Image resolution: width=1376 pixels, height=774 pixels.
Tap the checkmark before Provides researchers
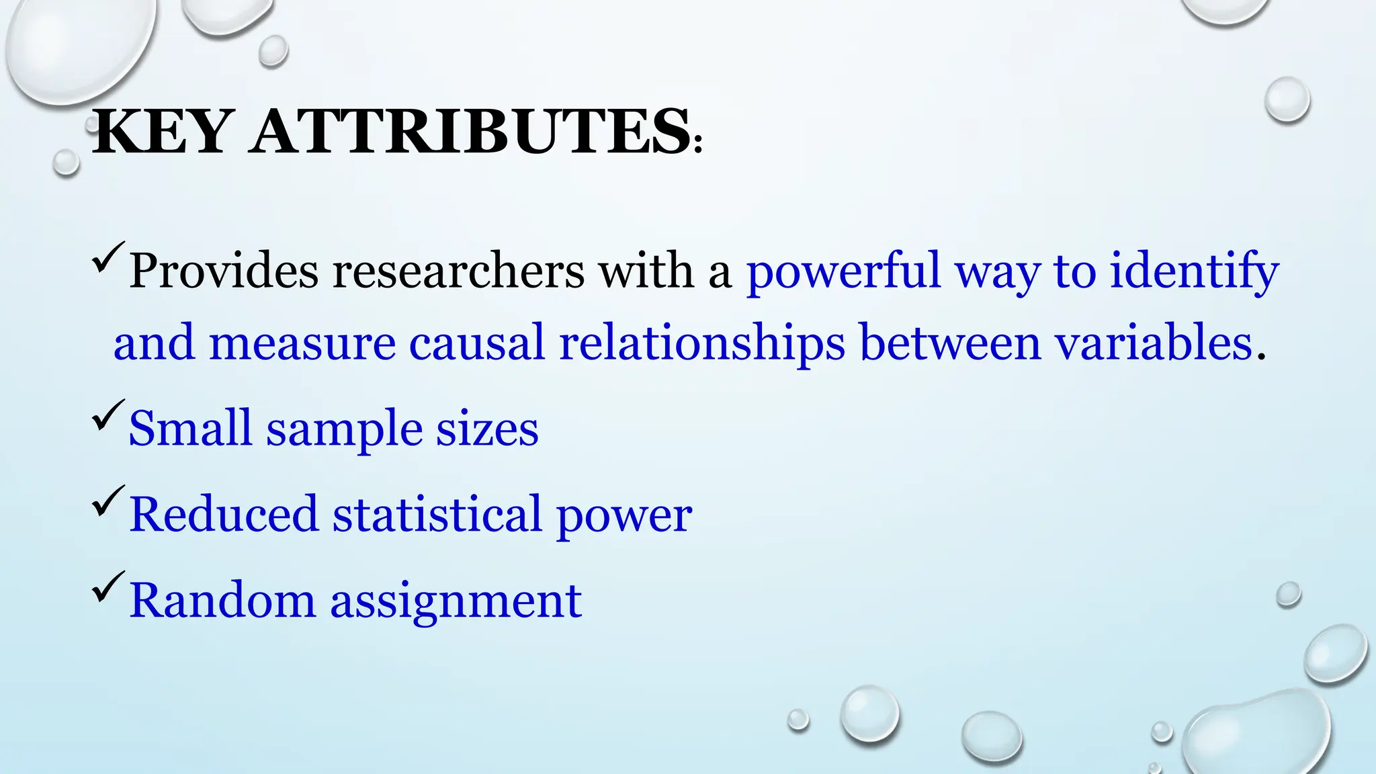[x=107, y=257]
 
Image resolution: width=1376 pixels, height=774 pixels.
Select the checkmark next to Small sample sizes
[x=107, y=415]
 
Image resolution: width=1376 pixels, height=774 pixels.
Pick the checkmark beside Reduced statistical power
[x=107, y=501]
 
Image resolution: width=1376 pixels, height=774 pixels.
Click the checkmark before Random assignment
[x=107, y=586]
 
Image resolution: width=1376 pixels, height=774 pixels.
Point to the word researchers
[x=458, y=271]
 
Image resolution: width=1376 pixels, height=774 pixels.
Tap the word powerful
[x=843, y=271]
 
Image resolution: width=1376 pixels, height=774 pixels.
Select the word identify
[x=1194, y=271]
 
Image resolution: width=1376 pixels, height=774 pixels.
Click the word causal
[x=476, y=343]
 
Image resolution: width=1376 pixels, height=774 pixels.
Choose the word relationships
[x=701, y=343]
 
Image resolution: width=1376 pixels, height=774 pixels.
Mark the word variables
[x=1154, y=343]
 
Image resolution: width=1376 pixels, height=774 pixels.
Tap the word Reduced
[x=223, y=515]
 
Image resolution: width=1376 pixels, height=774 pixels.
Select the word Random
[x=222, y=600]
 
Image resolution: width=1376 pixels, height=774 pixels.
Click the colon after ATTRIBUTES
[x=698, y=143]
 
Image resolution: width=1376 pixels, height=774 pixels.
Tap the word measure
[x=302, y=343]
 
